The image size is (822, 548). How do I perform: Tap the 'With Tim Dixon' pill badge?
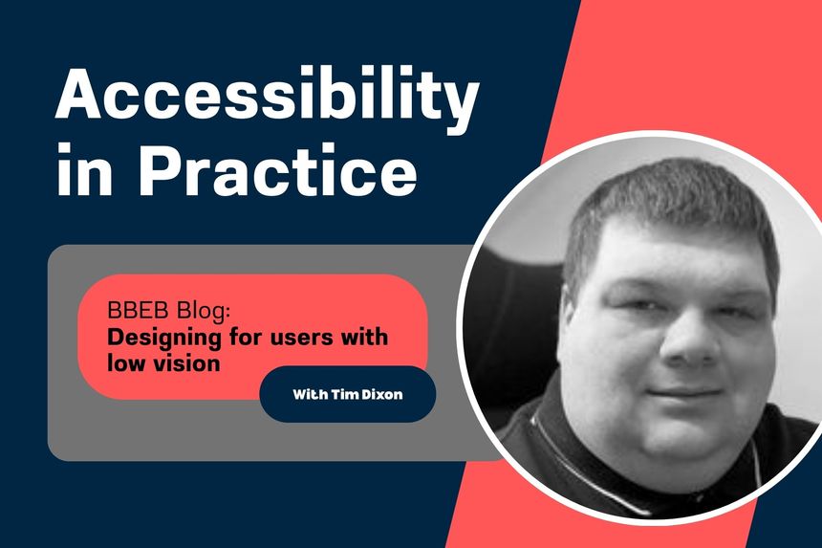pos(347,394)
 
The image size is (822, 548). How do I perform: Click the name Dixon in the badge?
pos(380,394)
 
